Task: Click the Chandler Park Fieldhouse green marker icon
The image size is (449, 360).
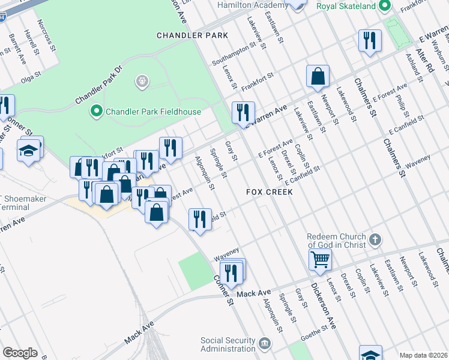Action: [95, 111]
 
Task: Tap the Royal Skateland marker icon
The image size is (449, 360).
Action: [385, 6]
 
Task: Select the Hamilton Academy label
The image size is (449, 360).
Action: [252, 4]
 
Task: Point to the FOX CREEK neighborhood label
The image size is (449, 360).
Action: [270, 192]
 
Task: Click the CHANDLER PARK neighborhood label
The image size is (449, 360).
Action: [192, 35]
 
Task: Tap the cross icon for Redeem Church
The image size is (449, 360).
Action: [375, 241]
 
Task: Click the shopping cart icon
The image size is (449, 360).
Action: [321, 259]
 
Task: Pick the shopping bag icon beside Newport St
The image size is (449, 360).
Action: [318, 76]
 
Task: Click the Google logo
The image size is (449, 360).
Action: [19, 353]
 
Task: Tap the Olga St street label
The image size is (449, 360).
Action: [31, 77]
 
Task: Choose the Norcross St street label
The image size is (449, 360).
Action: [46, 34]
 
